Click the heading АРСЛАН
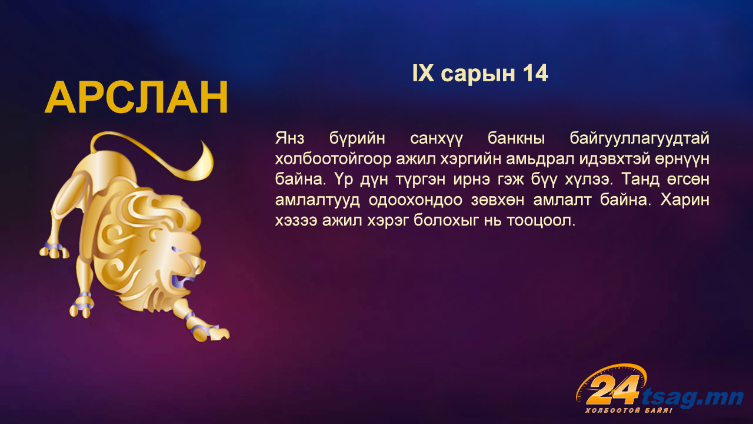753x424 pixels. (x=136, y=98)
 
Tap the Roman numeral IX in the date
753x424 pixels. (x=423, y=74)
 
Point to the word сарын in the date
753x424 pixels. (x=478, y=75)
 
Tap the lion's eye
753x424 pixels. (x=176, y=250)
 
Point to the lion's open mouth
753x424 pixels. (x=180, y=282)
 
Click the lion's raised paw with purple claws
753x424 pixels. (x=54, y=251)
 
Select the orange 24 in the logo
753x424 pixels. (x=612, y=390)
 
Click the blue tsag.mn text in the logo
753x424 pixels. (x=692, y=397)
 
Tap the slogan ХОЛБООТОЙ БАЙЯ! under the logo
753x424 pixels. (x=629, y=410)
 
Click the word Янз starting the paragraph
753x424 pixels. (x=290, y=138)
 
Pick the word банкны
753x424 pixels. (x=516, y=138)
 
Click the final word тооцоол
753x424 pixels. (x=541, y=221)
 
